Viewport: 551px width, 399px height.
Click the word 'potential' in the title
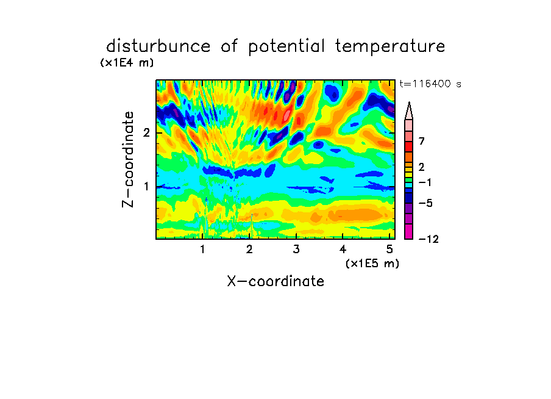[286, 47]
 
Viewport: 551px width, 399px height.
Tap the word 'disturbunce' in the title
[158, 46]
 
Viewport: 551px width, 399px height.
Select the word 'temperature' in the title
[389, 47]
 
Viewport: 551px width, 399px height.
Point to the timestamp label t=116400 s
[430, 84]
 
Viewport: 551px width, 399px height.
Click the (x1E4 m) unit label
[127, 63]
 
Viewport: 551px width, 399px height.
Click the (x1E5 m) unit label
[372, 263]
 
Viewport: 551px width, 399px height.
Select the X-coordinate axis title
[275, 281]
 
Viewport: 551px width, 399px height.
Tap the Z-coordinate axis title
[128, 159]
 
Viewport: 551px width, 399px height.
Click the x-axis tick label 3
[296, 250]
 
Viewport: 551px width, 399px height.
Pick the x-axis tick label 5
[389, 250]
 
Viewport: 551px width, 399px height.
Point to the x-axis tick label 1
[203, 250]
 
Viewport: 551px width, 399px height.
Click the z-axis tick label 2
[146, 133]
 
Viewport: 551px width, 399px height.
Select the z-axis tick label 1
[146, 187]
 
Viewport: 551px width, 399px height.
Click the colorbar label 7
[422, 142]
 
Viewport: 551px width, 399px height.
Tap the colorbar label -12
[428, 239]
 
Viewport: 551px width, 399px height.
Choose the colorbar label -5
[425, 203]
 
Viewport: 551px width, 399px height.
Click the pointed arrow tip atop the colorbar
[409, 102]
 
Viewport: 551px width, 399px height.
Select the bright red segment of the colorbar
[409, 146]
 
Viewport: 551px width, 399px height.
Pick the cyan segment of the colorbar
[409, 185]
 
